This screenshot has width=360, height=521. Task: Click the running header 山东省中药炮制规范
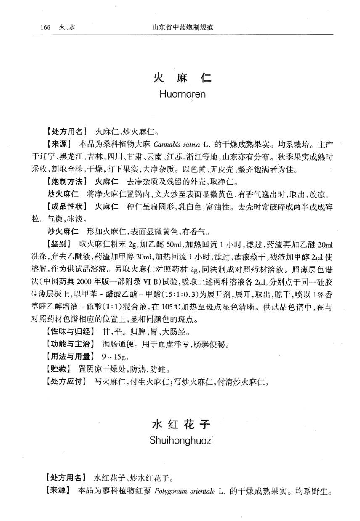click(x=182, y=28)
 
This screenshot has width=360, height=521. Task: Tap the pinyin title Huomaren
click(x=183, y=94)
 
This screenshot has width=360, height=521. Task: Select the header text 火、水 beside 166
click(x=66, y=28)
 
